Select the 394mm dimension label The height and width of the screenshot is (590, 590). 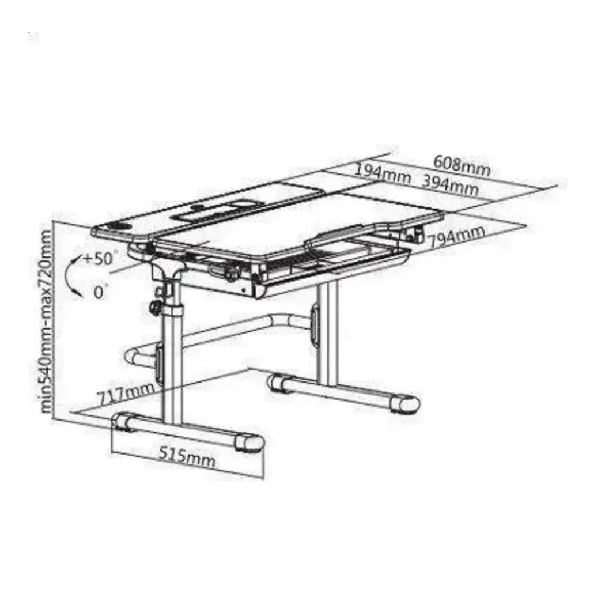(x=449, y=185)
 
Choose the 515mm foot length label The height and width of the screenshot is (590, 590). (x=187, y=456)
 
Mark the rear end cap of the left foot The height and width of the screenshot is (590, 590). (x=124, y=421)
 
